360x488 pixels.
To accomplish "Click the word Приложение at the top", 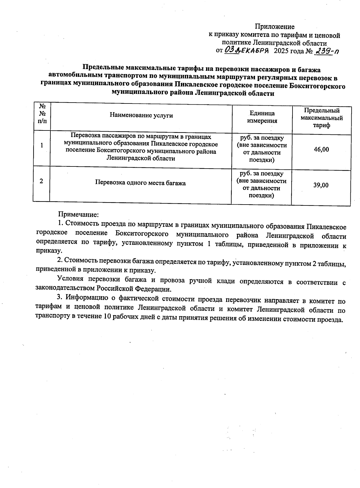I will [x=274, y=27].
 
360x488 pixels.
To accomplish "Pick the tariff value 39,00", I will [x=321, y=185].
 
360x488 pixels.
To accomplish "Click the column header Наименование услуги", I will [x=141, y=115].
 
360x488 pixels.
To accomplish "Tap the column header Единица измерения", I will [x=262, y=117].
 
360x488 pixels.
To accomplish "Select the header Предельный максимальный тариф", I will [x=322, y=118].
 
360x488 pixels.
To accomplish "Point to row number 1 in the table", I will [x=41, y=145].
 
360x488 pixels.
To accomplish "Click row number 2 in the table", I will [x=41, y=181].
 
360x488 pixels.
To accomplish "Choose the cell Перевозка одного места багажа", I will [x=140, y=183].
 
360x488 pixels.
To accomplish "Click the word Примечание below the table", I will [x=78, y=215].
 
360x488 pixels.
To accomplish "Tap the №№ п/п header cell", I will [x=42, y=114].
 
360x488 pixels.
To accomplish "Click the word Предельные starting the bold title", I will [x=103, y=70].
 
